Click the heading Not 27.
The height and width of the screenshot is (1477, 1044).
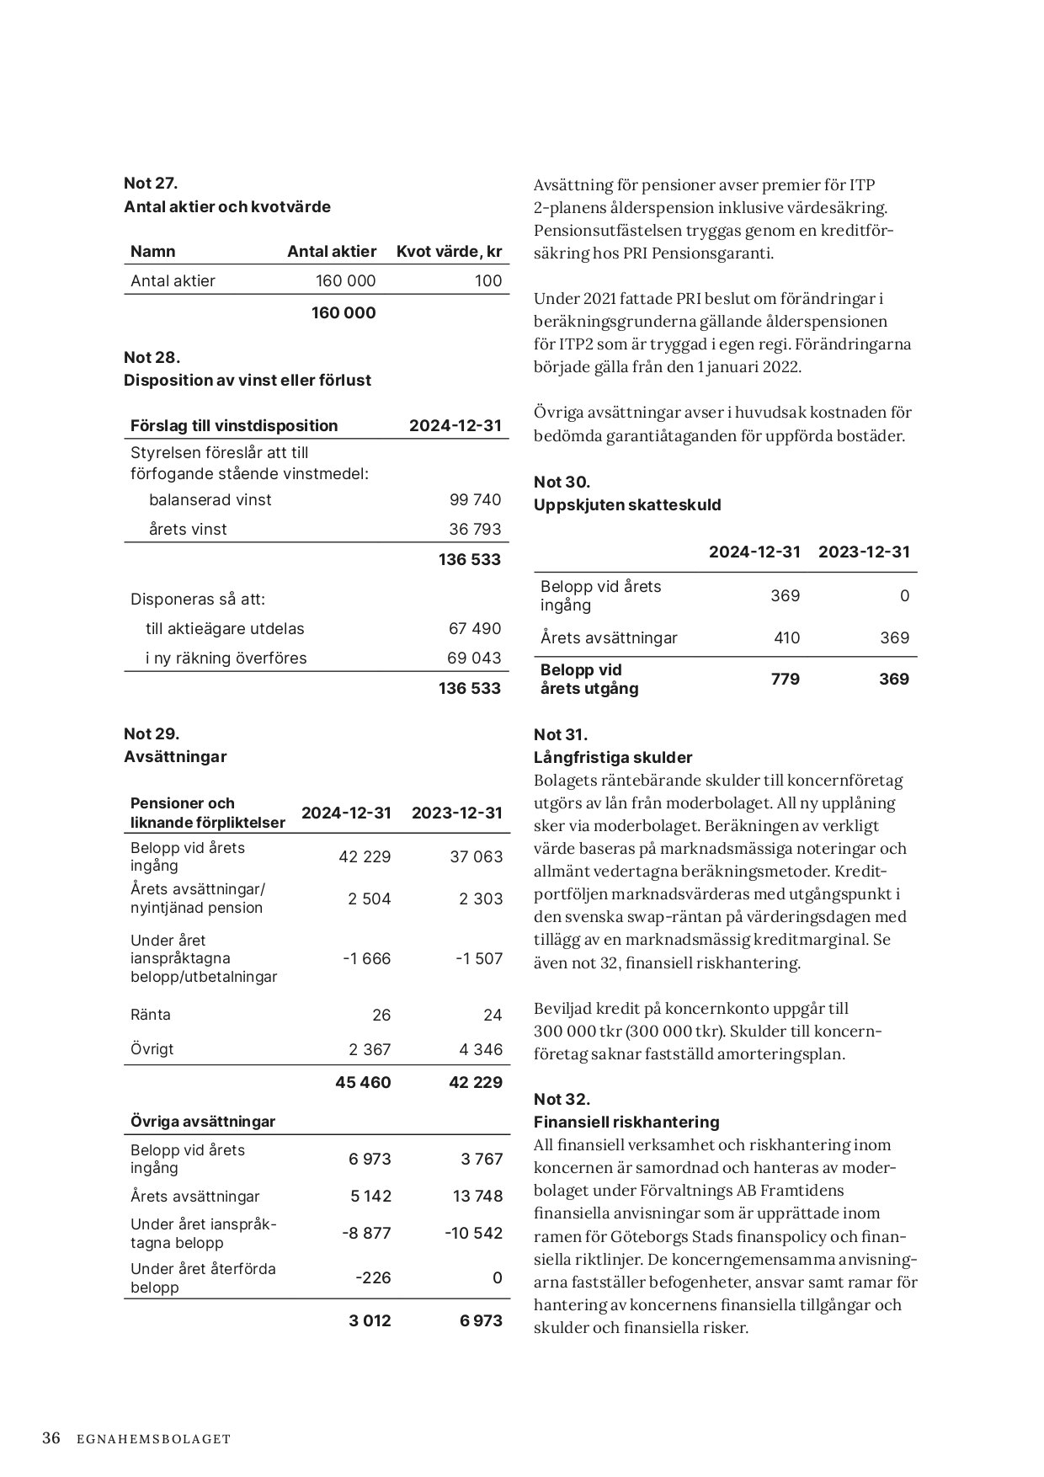151,183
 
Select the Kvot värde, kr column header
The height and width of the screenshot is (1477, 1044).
449,252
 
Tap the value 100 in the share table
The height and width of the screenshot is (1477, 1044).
487,281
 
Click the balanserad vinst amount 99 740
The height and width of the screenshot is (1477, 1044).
475,500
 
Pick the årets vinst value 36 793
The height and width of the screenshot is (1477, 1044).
475,530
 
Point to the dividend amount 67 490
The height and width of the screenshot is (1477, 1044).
475,629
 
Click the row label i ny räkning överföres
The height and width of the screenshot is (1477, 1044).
226,659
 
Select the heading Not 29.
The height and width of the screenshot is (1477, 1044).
152,733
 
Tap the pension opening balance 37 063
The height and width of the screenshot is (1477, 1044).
476,857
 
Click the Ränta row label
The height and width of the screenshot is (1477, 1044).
151,1015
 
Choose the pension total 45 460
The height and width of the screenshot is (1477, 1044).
363,1083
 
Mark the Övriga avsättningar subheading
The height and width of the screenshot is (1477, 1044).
203,1122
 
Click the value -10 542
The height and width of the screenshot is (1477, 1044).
473,1234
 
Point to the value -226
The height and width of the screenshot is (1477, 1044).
373,1278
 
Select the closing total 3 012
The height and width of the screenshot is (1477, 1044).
370,1321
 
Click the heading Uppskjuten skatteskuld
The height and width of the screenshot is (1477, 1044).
627,505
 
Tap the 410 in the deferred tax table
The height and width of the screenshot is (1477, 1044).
786,638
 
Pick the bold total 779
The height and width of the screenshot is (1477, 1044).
785,680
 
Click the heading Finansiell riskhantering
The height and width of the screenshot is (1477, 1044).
626,1122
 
